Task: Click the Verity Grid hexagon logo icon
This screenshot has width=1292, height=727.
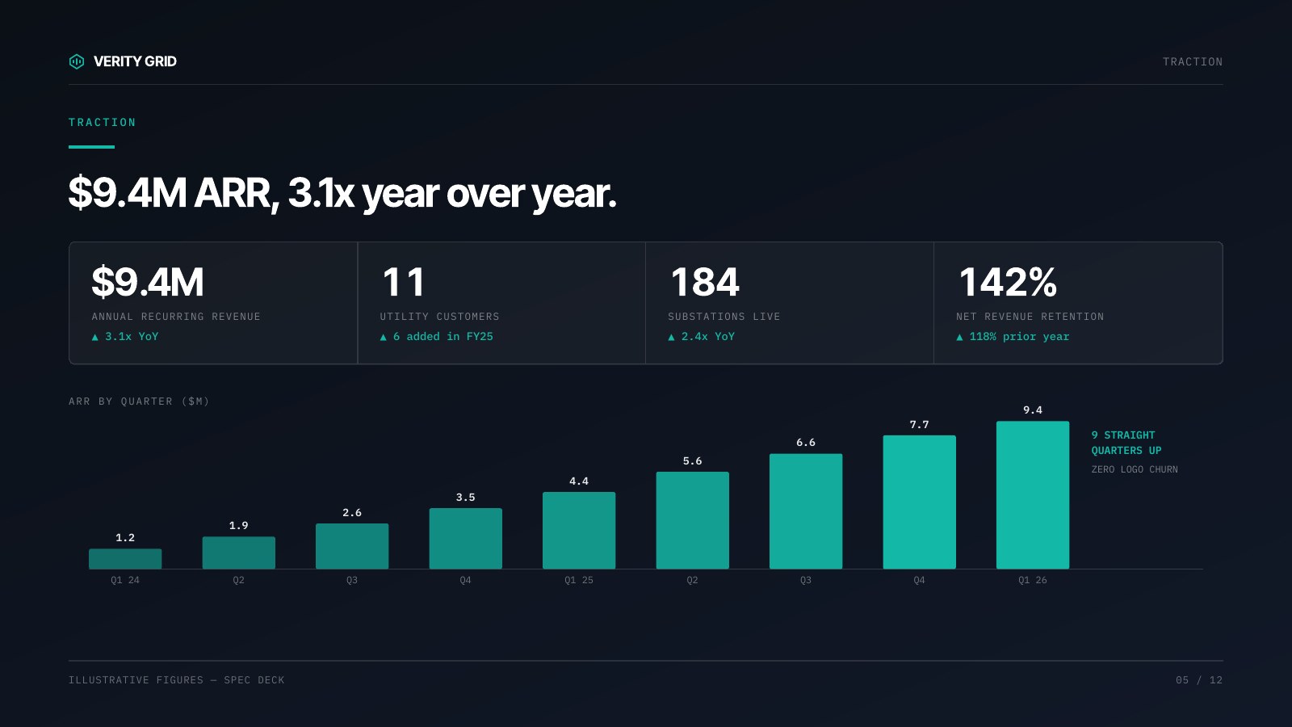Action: (x=77, y=61)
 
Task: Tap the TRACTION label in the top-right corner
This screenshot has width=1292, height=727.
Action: (x=1192, y=61)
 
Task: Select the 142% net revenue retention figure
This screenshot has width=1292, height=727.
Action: (x=1008, y=282)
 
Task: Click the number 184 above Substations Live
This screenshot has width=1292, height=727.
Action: (x=704, y=282)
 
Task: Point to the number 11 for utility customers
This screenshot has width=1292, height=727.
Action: (x=403, y=282)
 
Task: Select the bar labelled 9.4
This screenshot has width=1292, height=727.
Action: (x=1033, y=495)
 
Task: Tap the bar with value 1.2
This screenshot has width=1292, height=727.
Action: (x=125, y=558)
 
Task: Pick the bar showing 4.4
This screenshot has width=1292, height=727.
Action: (x=579, y=530)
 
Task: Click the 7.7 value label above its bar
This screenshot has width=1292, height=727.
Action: (x=920, y=425)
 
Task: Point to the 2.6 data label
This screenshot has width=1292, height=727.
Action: (x=352, y=512)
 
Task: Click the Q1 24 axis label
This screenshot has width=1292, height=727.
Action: (x=125, y=580)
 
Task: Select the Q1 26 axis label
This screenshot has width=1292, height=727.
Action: (x=1033, y=580)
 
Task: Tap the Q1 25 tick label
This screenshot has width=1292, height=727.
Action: (x=579, y=580)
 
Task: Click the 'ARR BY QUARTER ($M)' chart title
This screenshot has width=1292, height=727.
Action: (x=138, y=401)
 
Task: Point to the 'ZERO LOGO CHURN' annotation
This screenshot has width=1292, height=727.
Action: (x=1135, y=469)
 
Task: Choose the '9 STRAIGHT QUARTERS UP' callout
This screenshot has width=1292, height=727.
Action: (x=1126, y=443)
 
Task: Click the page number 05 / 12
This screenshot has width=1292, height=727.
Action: (x=1199, y=679)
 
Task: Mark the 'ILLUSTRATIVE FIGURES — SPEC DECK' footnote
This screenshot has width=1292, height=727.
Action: (x=177, y=679)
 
